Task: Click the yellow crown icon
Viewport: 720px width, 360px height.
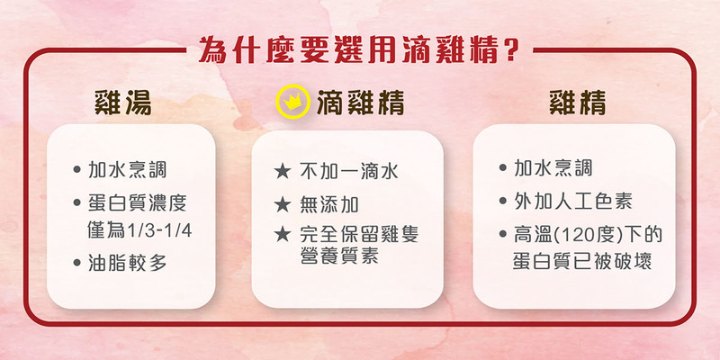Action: tap(292, 102)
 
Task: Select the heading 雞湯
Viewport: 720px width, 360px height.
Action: tap(122, 103)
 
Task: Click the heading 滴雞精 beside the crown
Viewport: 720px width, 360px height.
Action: tap(361, 103)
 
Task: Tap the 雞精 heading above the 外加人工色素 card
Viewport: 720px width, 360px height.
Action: tap(578, 103)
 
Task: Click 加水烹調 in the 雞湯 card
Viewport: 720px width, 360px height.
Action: tap(127, 170)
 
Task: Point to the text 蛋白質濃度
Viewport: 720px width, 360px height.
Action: tap(138, 202)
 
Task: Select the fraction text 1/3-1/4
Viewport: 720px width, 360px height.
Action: tap(158, 230)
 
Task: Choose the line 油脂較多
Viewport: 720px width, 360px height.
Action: tap(127, 263)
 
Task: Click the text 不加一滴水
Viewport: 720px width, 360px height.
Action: tap(349, 171)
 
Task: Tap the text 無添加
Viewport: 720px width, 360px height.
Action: tap(329, 204)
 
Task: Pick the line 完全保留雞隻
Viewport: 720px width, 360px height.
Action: tap(359, 234)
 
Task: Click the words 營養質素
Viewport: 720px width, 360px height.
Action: tap(339, 256)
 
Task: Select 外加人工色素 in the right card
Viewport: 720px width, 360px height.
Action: tap(573, 201)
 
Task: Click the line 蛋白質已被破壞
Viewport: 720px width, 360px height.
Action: tap(582, 260)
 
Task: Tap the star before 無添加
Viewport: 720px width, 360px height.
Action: tap(283, 205)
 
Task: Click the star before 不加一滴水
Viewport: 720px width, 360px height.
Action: tap(283, 172)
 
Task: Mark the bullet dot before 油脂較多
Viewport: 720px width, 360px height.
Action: tap(76, 264)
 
